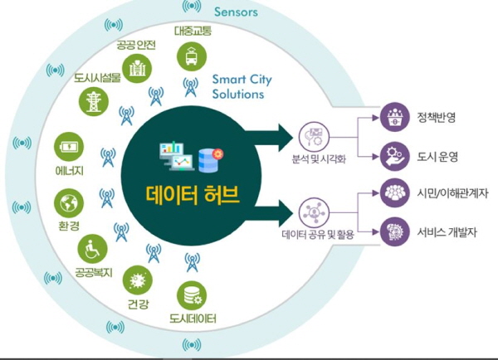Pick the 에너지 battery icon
[68, 148]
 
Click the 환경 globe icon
[67, 202]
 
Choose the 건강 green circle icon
[134, 277]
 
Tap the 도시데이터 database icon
[193, 293]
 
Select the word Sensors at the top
[237, 12]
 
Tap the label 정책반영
[437, 117]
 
